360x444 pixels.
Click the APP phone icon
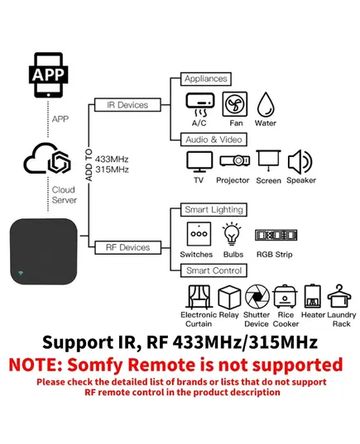pyautogui.click(x=48, y=75)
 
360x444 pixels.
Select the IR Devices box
pyautogui.click(x=127, y=105)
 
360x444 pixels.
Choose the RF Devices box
pyautogui.click(x=127, y=247)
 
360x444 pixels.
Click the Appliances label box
pyautogui.click(x=206, y=79)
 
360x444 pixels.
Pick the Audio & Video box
pyautogui.click(x=214, y=140)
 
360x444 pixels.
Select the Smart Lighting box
pyautogui.click(x=214, y=210)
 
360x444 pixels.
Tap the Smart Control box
pyautogui.click(x=214, y=270)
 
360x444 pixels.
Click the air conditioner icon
pyautogui.click(x=200, y=105)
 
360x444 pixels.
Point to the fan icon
pyautogui.click(x=235, y=104)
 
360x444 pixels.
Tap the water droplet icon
pyautogui.click(x=266, y=104)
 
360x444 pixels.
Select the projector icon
pyautogui.click(x=235, y=161)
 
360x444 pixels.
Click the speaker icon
pyautogui.click(x=300, y=162)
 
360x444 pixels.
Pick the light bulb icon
pyautogui.click(x=233, y=234)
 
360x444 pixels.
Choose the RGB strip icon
pyautogui.click(x=276, y=235)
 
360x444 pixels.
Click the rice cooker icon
pyautogui.click(x=285, y=297)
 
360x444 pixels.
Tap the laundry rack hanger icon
pyautogui.click(x=339, y=296)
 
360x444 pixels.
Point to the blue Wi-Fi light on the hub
pyautogui.click(x=21, y=273)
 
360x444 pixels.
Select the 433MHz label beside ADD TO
pyautogui.click(x=112, y=159)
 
